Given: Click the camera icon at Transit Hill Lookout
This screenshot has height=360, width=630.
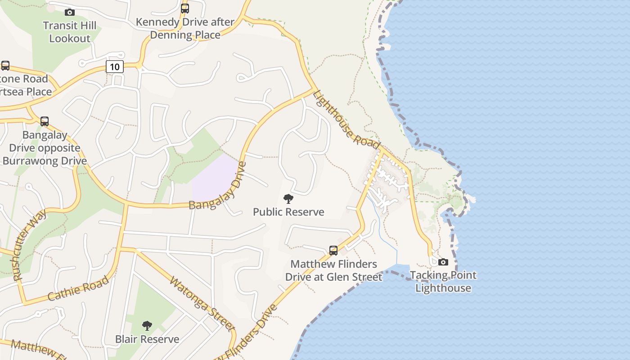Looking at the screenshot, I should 69,12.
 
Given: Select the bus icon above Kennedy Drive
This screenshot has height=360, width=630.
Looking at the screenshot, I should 185,8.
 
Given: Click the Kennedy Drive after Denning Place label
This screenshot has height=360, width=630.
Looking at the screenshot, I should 185,28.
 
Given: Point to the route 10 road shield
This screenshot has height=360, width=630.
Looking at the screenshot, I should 115,67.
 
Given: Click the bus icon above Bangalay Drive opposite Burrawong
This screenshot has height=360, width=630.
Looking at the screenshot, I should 44,121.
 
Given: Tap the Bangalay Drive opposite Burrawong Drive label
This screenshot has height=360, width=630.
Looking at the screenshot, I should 45,148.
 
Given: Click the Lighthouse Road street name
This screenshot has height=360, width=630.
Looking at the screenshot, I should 346,119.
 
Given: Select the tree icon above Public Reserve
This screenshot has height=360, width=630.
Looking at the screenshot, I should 288,198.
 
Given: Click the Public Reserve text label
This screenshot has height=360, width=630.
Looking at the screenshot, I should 288,212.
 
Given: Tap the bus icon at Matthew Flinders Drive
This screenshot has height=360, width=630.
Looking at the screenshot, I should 333,250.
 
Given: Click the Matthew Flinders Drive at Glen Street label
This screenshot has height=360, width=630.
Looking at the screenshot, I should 336,270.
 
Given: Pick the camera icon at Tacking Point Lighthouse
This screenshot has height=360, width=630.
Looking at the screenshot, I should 443,262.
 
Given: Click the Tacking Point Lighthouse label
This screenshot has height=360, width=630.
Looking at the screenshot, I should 443,281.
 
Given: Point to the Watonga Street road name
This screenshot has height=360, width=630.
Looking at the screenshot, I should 202,304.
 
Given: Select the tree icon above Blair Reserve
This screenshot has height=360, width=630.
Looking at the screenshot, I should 147,325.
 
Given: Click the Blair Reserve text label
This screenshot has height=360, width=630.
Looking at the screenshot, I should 147,339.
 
